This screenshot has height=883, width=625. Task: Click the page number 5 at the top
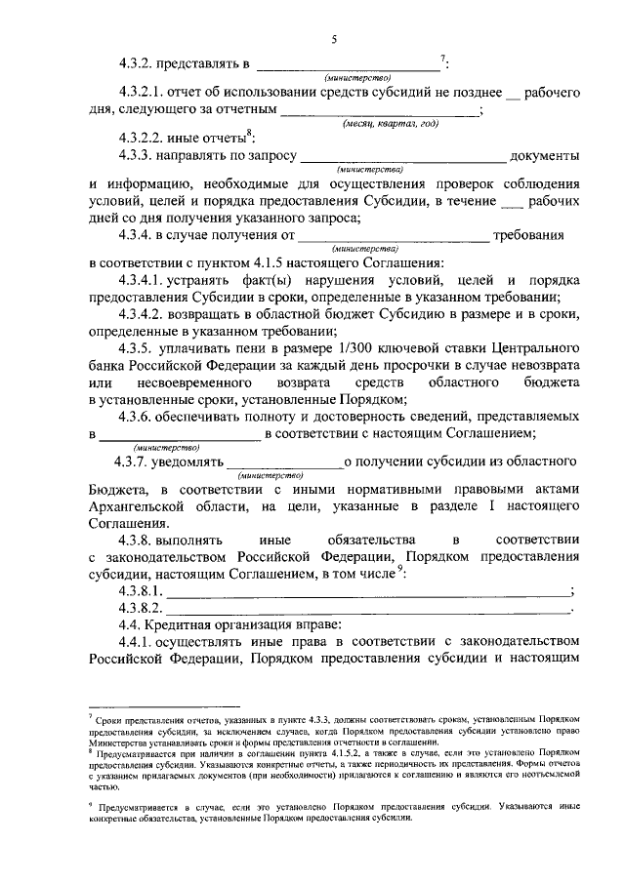tap(333, 38)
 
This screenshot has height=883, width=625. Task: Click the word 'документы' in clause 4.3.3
tap(545, 155)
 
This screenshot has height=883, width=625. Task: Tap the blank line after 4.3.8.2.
tap(371, 609)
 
